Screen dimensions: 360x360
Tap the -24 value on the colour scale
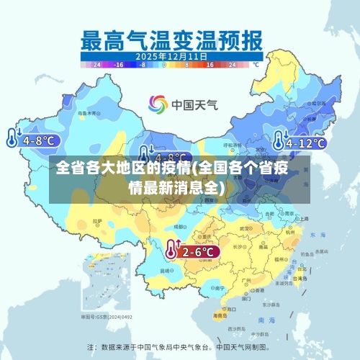(96, 64)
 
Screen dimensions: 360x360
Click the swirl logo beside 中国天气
(158, 105)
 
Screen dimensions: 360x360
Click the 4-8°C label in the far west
(38, 140)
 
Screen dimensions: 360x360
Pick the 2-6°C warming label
(198, 251)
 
